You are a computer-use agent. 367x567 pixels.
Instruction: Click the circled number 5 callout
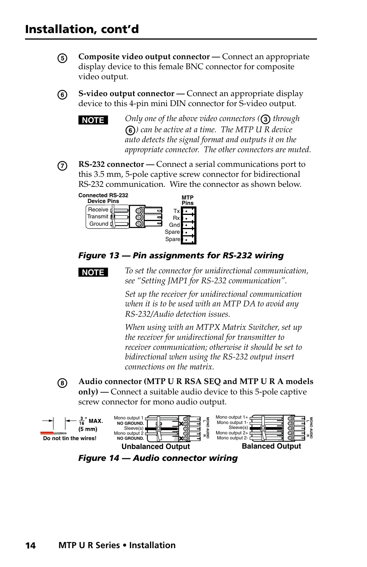pos(62,58)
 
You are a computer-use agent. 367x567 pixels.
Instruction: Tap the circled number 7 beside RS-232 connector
pos(62,166)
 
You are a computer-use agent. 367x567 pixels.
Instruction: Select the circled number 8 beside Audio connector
pos(62,383)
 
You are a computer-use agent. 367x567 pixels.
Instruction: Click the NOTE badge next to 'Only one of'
pos(93,120)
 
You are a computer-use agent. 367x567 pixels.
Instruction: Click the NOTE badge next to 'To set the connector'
pos(93,272)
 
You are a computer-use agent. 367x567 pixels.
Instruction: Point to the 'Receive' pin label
pos(98,210)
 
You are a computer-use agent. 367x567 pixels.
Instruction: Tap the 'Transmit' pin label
pos(98,216)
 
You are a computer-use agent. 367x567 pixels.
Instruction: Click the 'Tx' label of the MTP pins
pos(177,211)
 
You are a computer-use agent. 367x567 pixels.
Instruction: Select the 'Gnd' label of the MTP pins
pos(174,225)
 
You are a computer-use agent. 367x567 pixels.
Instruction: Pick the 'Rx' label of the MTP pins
pos(176,218)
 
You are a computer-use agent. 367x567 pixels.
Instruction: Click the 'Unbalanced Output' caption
pos(155,446)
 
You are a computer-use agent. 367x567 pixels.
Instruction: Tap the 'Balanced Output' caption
pos(271,446)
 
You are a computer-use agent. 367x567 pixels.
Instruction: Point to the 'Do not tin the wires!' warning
pos(70,438)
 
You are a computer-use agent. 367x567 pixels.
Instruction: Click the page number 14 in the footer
pos(30,545)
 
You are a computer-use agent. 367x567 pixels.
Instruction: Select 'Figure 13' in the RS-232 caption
pos(99,256)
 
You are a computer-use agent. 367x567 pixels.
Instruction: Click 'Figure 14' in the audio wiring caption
pos(99,458)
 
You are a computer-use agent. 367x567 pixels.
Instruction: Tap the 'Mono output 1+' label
pos(232,417)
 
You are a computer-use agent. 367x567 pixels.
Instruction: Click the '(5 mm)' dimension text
pos(88,429)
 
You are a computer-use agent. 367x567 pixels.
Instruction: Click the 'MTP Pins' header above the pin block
pos(187,200)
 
